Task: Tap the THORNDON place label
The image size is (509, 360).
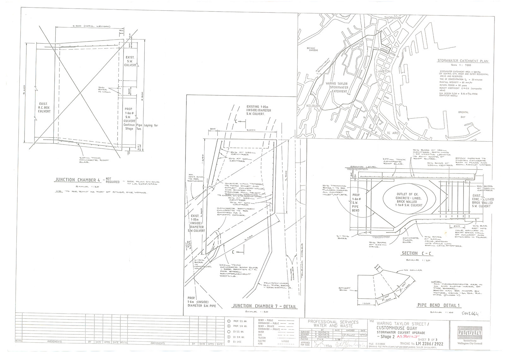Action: pyautogui.click(x=392, y=18)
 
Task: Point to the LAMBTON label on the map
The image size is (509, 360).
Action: pyautogui.click(x=383, y=71)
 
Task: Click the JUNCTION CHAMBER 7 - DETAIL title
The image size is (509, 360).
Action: pyautogui.click(x=264, y=306)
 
